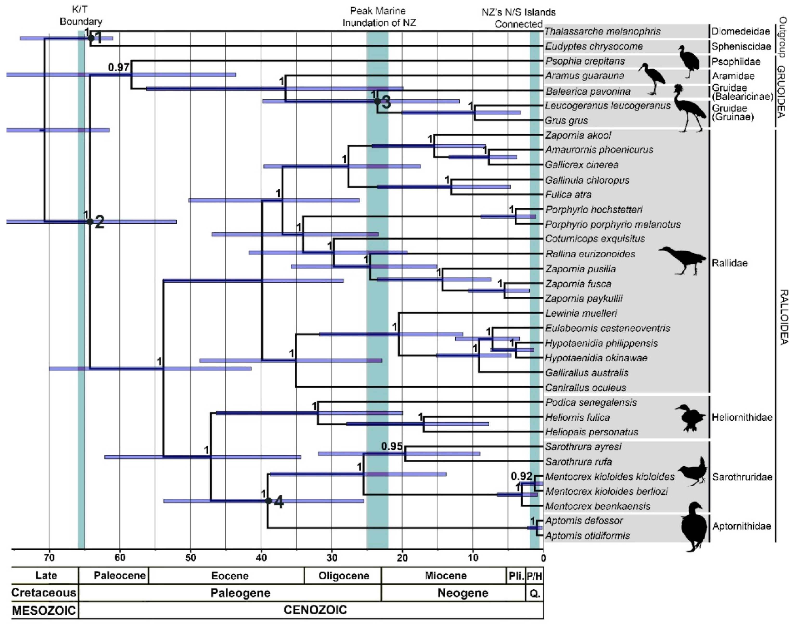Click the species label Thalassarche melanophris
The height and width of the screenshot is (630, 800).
pyautogui.click(x=602, y=31)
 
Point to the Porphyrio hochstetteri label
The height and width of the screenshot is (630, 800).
pyautogui.click(x=594, y=210)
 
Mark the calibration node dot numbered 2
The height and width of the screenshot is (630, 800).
pyautogui.click(x=90, y=222)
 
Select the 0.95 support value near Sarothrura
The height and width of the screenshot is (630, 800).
pyautogui.click(x=392, y=446)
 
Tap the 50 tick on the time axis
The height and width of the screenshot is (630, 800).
pyautogui.click(x=190, y=557)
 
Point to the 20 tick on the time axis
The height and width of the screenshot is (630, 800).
pyautogui.click(x=402, y=557)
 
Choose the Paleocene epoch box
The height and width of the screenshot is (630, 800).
pyautogui.click(x=120, y=576)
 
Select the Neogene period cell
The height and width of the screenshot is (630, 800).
pyautogui.click(x=462, y=593)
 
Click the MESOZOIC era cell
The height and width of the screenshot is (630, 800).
pyautogui.click(x=44, y=611)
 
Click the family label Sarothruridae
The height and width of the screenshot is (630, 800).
pyautogui.click(x=742, y=477)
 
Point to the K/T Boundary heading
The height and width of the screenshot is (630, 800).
pyautogui.click(x=81, y=16)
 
